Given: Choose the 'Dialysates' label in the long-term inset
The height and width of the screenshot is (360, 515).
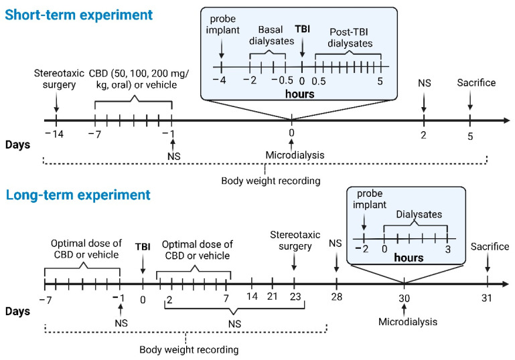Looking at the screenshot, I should pyautogui.click(x=420, y=215).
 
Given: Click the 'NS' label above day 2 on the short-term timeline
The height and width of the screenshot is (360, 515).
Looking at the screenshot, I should pyautogui.click(x=424, y=84).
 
